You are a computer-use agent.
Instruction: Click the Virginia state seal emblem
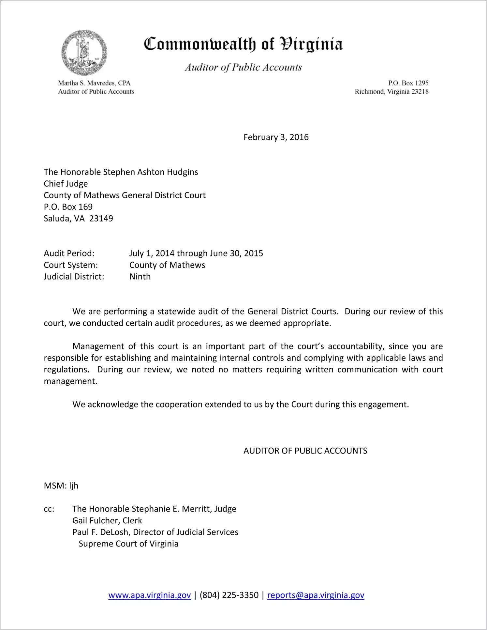click(x=84, y=53)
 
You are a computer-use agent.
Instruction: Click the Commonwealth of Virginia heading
click(x=243, y=44)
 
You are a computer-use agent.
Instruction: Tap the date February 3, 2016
click(x=276, y=137)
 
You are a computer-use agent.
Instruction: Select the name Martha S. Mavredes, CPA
click(x=94, y=83)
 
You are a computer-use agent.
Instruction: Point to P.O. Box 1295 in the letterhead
click(x=408, y=83)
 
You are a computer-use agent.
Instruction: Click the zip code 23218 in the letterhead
click(x=420, y=92)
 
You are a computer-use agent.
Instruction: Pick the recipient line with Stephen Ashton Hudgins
click(x=121, y=172)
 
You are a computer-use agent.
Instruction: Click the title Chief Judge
click(x=66, y=184)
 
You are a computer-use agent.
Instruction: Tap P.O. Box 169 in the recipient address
click(x=68, y=207)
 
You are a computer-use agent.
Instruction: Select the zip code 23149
click(x=101, y=219)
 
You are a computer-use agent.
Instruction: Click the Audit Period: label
click(x=69, y=254)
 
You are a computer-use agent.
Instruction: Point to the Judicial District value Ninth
click(x=140, y=277)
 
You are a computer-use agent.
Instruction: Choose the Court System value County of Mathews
click(x=167, y=265)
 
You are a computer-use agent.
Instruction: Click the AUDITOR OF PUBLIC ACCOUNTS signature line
click(x=305, y=451)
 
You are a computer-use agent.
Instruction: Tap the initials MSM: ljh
click(x=61, y=486)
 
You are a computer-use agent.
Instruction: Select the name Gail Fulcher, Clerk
click(x=107, y=521)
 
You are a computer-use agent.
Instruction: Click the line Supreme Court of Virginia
click(x=128, y=544)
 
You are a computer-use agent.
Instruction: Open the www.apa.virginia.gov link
click(x=150, y=595)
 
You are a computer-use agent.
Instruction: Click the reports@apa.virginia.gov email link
click(x=316, y=595)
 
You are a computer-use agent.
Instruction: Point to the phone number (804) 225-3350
click(x=229, y=595)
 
